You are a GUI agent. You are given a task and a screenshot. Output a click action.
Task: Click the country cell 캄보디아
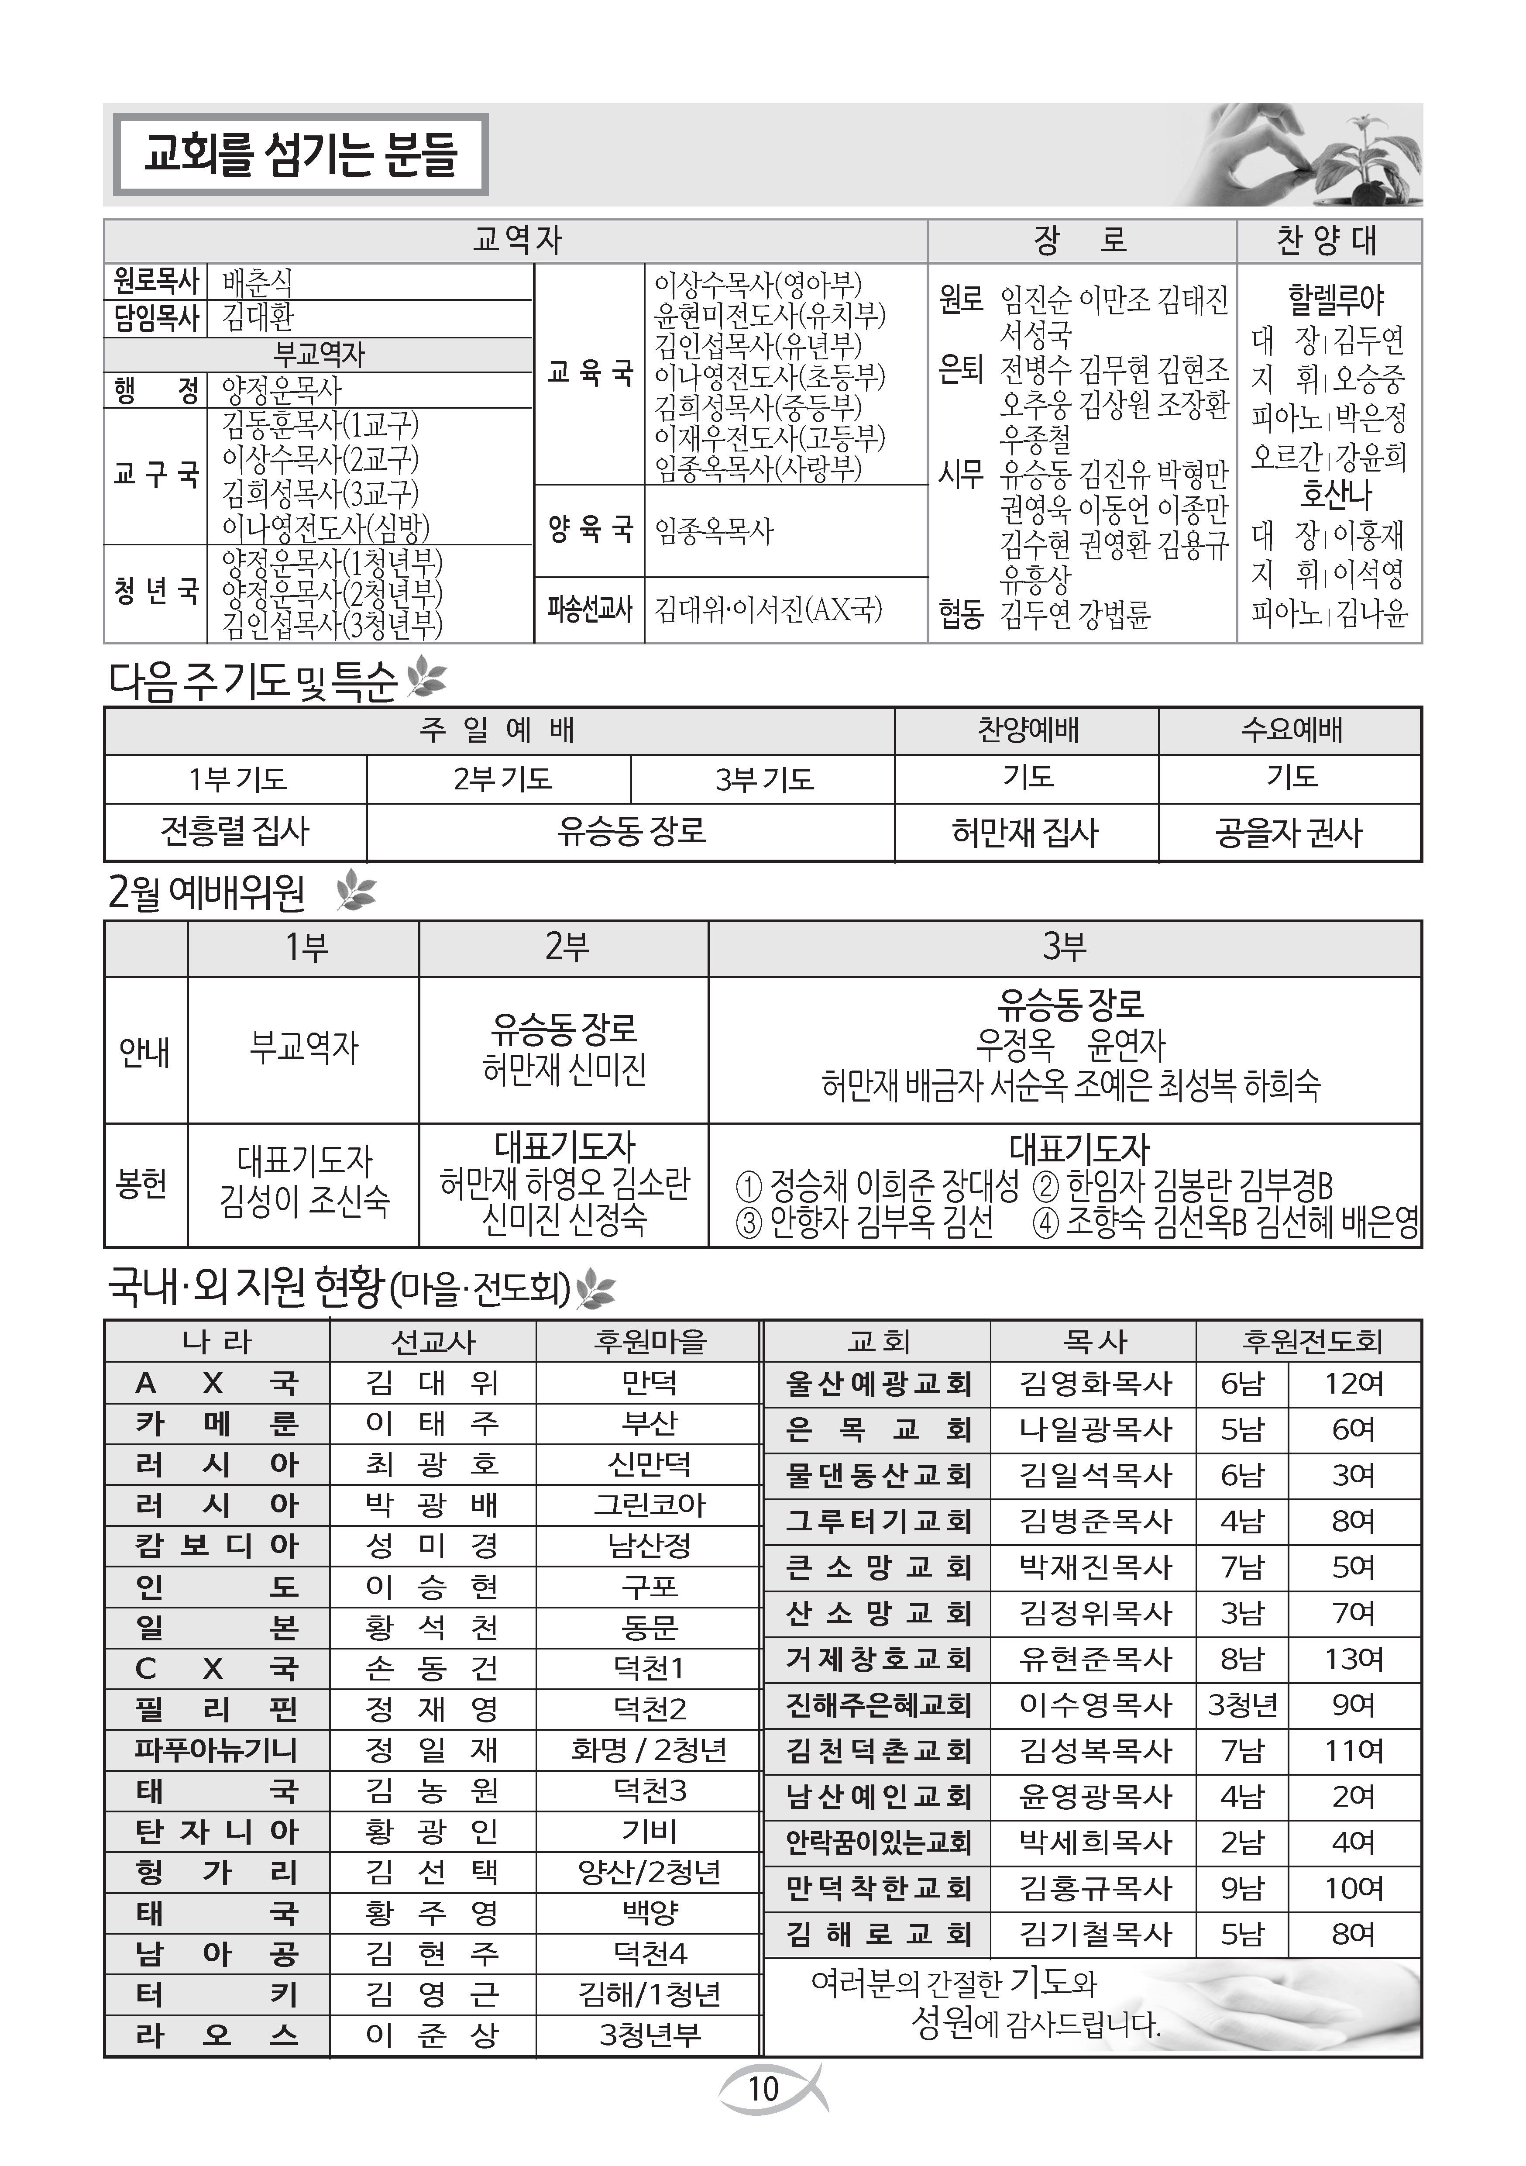(x=216, y=1545)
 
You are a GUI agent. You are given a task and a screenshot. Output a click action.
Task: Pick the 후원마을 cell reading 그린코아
(x=649, y=1505)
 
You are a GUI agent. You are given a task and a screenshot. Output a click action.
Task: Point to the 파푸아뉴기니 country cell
(x=216, y=1750)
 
